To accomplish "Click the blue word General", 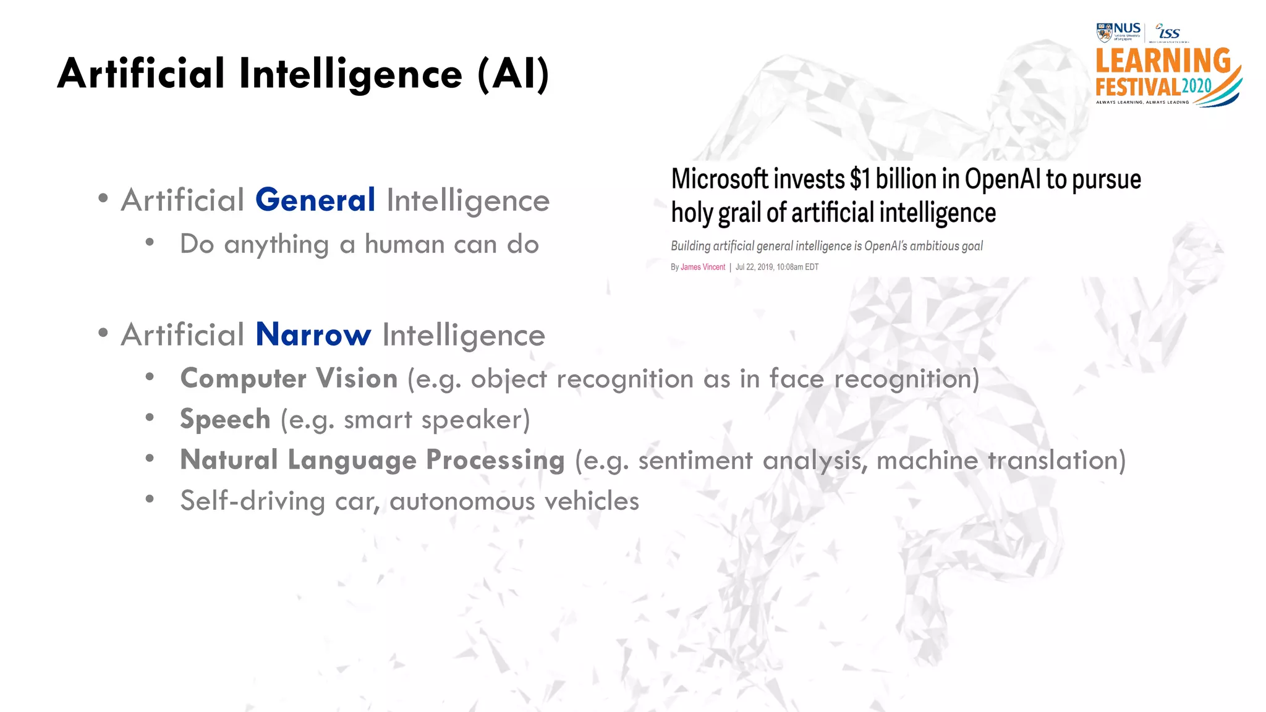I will pyautogui.click(x=315, y=200).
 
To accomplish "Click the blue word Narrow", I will pyautogui.click(x=313, y=334).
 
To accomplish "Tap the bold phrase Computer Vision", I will pyautogui.click(x=289, y=378).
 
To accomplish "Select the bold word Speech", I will pyautogui.click(x=225, y=419).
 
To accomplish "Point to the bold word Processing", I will pyautogui.click(x=495, y=460).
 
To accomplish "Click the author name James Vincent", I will pyautogui.click(x=703, y=267).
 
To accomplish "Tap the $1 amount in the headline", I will pyautogui.click(x=860, y=179).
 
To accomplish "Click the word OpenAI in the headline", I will pyautogui.click(x=1003, y=179).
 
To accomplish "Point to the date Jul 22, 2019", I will pyautogui.click(x=754, y=267).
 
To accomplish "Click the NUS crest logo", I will pyautogui.click(x=1104, y=32).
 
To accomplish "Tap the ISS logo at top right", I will pyautogui.click(x=1168, y=32).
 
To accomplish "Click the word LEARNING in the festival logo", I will pyautogui.click(x=1163, y=62).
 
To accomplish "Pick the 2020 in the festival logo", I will pyautogui.click(x=1197, y=86).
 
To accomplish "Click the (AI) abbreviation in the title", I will pyautogui.click(x=513, y=74).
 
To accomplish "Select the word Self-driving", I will pyautogui.click(x=252, y=501).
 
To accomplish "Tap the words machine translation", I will pyautogui.click(x=1001, y=460).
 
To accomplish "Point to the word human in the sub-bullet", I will pyautogui.click(x=404, y=244).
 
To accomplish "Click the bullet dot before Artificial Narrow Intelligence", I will pyautogui.click(x=103, y=334).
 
